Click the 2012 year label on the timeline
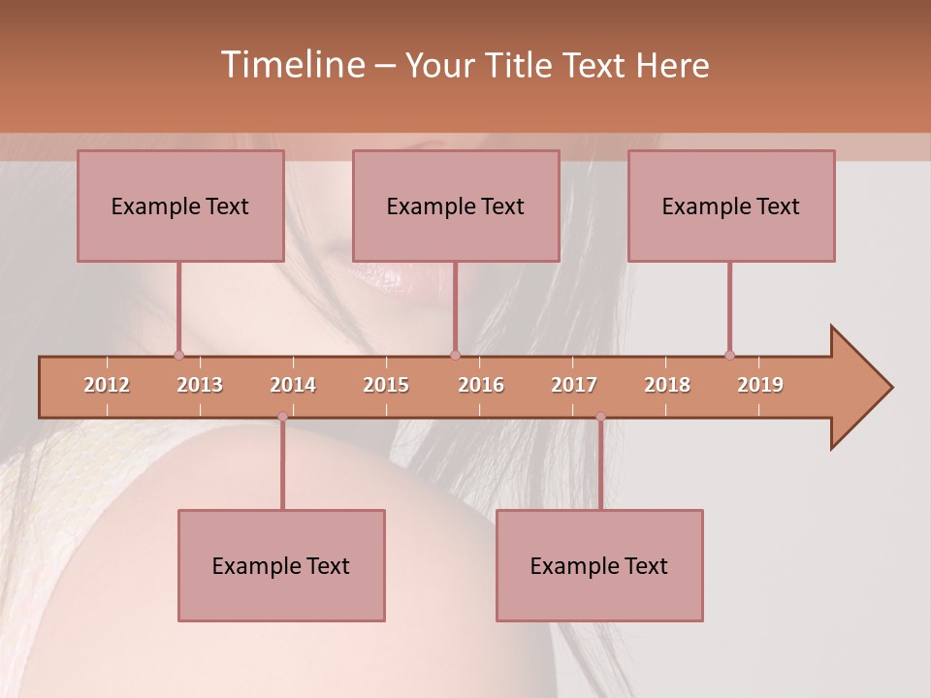107,385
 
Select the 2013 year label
200,385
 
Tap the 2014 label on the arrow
293,385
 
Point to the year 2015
386,385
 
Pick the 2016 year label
481,385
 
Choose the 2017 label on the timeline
574,385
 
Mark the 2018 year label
667,385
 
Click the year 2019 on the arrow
760,385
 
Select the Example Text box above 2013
180,206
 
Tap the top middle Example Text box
456,206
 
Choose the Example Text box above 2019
731,206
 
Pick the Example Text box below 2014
281,565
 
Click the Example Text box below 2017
599,565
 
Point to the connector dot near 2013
178,355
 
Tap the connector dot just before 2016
455,355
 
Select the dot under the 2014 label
282,417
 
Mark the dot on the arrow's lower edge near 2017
600,417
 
